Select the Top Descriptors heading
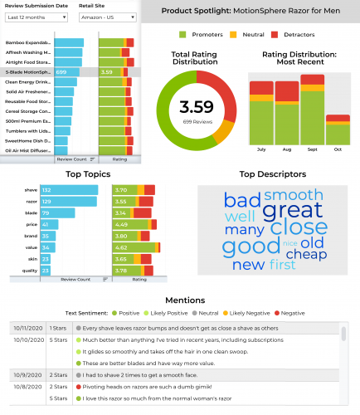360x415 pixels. click(272, 175)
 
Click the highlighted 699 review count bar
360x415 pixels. click(66, 72)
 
